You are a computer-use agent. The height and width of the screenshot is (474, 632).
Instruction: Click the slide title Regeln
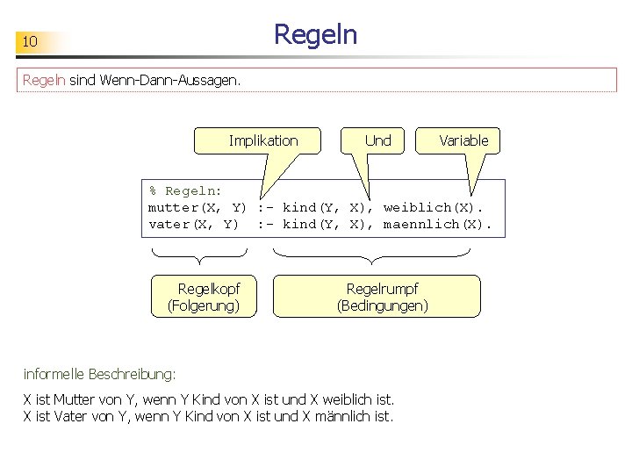point(316,35)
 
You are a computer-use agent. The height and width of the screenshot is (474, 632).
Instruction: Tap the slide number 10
point(30,41)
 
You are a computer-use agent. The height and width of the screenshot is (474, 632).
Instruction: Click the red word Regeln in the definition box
point(44,80)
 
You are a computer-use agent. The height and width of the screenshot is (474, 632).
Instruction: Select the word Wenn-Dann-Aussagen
point(169,80)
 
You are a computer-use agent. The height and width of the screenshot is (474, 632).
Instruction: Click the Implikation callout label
point(263,140)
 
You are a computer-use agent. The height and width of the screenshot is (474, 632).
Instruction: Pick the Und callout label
point(377,140)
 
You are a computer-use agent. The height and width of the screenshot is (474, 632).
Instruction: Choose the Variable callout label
point(463,140)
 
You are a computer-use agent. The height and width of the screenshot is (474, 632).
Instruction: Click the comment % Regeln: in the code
point(185,190)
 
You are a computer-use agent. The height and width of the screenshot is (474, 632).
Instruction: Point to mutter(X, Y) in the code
point(197,208)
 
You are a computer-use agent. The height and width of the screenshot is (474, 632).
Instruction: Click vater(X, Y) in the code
point(193,225)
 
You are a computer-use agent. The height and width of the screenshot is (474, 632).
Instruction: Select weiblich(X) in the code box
point(428,207)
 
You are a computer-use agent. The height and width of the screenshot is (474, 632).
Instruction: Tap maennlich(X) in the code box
point(433,224)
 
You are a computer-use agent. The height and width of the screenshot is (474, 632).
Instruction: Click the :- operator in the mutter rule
point(266,208)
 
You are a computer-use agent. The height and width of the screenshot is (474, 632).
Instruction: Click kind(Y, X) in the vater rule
point(324,224)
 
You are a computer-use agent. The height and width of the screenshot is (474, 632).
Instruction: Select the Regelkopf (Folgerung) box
point(204,297)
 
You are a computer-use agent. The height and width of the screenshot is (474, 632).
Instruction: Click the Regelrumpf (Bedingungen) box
point(377,297)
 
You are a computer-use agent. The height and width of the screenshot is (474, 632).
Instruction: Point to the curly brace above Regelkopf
point(199,256)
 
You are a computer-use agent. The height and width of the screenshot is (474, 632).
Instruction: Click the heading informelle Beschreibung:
point(99,374)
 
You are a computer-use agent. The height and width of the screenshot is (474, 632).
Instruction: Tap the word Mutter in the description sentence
point(74,399)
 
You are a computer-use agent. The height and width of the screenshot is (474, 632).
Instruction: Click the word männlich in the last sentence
point(343,416)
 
